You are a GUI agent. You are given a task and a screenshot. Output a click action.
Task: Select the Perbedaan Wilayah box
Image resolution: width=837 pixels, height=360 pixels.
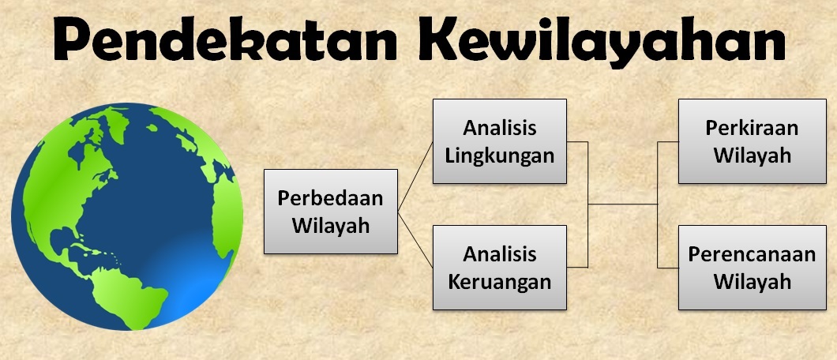click(331, 212)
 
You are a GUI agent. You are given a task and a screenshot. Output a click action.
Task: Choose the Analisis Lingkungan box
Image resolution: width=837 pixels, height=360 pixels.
click(500, 141)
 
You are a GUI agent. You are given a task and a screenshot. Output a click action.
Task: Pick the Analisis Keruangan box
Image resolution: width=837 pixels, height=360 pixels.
click(500, 268)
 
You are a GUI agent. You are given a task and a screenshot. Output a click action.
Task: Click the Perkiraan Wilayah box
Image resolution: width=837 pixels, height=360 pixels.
click(753, 141)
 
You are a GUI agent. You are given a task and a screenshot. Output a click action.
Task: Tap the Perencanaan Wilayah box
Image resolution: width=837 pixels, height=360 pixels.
click(753, 268)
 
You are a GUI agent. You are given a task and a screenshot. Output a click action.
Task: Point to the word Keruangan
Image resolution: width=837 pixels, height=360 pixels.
click(500, 283)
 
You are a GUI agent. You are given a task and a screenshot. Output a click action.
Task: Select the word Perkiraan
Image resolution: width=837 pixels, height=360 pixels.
click(753, 128)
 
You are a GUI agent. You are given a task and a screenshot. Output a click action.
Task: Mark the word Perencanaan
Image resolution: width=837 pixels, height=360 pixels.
click(753, 254)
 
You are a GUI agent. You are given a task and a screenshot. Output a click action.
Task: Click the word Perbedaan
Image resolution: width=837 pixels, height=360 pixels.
click(330, 198)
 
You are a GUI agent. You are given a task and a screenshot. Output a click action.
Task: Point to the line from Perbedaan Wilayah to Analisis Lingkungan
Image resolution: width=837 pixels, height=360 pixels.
click(415, 177)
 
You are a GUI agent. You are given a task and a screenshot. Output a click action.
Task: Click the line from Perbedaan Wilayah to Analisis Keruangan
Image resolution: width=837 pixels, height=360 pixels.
click(415, 239)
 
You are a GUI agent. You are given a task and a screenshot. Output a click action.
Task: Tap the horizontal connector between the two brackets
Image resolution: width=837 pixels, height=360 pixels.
click(622, 204)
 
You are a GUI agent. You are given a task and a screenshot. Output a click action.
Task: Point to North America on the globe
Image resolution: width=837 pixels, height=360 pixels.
click(75, 176)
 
